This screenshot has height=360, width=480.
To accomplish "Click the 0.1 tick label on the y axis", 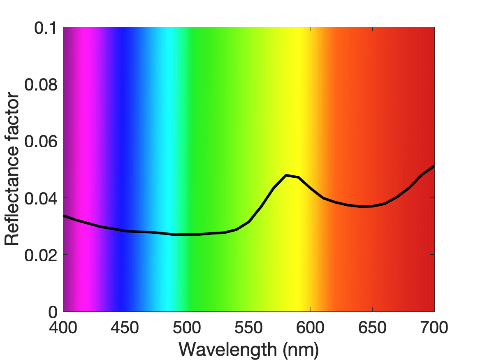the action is pos(46,28).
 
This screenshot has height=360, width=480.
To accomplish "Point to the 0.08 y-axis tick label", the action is pos(41,85).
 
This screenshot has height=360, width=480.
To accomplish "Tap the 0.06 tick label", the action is pos(41,142).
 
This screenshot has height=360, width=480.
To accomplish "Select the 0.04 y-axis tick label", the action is pos(41,198).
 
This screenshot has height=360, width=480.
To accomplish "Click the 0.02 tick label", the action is pos(41,255).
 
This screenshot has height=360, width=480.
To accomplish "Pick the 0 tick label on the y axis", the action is pos(53,312).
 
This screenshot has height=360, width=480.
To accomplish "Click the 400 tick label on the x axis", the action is pos(63,327).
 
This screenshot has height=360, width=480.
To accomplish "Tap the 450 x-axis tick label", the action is pos(125,327).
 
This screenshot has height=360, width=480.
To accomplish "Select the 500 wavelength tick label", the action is pos(187,327).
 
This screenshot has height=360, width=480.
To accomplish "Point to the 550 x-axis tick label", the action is pos(248,327).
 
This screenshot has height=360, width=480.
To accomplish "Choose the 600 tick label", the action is pos(311,327).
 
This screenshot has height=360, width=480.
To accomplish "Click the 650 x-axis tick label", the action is pos(372,327).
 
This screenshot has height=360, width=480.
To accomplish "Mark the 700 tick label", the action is pos(434,327).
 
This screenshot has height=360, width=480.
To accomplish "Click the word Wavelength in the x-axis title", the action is pos(228,349).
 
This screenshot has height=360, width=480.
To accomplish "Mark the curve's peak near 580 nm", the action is pos(286,175).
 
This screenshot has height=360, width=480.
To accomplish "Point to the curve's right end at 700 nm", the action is pos(434,167).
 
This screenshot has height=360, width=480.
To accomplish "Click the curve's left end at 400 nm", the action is pos(64,216).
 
